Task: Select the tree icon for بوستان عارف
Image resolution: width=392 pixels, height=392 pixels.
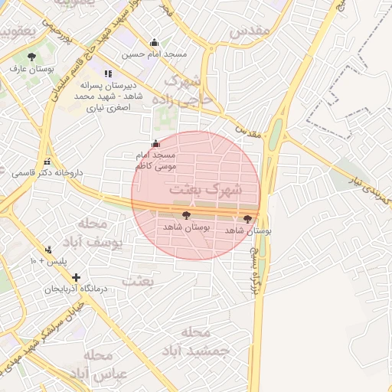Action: pos(31,57)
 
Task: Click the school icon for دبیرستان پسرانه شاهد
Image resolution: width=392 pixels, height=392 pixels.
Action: pos(107,73)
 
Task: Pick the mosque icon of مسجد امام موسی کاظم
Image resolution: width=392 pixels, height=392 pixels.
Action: pos(156,143)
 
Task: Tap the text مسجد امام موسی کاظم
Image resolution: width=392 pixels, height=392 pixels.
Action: pos(155,160)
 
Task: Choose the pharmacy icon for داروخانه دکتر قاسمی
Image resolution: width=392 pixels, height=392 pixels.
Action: pos(48,162)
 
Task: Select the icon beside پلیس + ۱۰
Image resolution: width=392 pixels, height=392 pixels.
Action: pos(49,250)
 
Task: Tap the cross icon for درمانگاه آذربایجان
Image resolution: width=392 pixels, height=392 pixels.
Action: pos(75,276)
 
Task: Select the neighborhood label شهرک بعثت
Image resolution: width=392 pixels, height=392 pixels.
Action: pos(205,188)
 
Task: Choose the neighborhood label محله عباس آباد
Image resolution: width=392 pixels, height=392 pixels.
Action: pos(91,364)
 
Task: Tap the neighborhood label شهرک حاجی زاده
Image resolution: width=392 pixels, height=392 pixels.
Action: pos(183,90)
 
